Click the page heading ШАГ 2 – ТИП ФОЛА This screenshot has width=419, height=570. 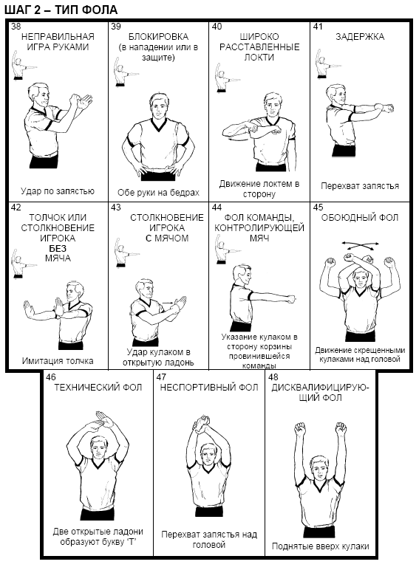61,10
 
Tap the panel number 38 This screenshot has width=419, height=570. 16,27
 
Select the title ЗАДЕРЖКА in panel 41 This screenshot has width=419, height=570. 360,37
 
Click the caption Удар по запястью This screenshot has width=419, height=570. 58,191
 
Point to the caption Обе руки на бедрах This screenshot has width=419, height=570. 158,193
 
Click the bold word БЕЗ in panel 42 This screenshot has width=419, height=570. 58,249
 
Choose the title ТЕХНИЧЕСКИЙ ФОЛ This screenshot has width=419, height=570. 98,388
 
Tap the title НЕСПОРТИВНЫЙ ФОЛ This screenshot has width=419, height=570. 209,388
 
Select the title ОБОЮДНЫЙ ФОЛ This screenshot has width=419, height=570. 360,218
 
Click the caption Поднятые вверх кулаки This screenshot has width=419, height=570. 321,546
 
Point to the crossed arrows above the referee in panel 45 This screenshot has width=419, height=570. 360,246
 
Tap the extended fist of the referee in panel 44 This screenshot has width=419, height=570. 292,299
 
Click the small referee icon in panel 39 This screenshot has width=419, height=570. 123,72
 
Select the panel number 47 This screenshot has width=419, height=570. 161,377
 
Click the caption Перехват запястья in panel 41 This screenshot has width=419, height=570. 360,186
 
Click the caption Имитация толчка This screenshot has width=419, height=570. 58,361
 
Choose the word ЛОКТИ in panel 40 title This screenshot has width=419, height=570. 259,58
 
